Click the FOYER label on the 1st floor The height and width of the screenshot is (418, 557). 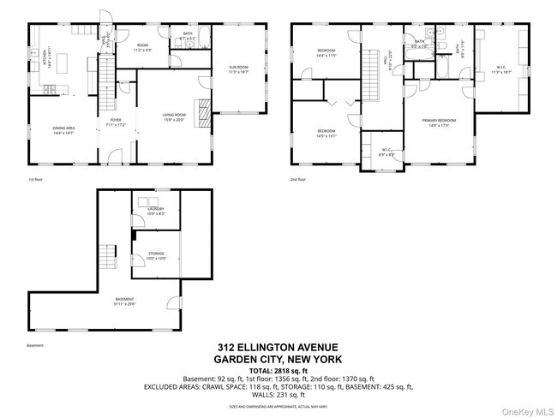click(x=115, y=123)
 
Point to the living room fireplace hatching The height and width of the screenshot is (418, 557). click(x=203, y=113)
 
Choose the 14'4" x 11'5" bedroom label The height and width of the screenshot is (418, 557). click(x=326, y=53)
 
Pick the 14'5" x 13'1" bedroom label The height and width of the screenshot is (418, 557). click(x=326, y=133)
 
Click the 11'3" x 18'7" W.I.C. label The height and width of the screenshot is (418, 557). click(x=500, y=70)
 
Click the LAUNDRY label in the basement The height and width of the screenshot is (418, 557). click(x=156, y=211)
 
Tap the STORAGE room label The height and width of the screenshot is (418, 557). click(x=156, y=255)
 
